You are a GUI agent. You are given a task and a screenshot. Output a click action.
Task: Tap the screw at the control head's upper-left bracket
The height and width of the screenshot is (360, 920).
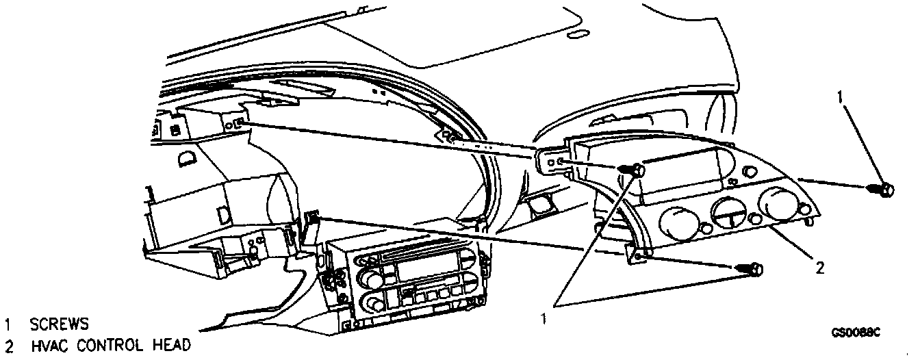pyautogui.click(x=636, y=168)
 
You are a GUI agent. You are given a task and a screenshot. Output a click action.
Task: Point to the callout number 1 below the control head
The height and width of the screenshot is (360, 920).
pyautogui.click(x=545, y=318)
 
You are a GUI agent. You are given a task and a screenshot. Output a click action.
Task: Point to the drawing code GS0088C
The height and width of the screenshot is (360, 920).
pyautogui.click(x=855, y=333)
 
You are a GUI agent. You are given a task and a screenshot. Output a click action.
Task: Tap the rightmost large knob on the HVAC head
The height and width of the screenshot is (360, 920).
pyautogui.click(x=777, y=203)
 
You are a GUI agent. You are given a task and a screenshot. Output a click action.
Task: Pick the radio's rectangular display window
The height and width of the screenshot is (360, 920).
pyautogui.click(x=419, y=268)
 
